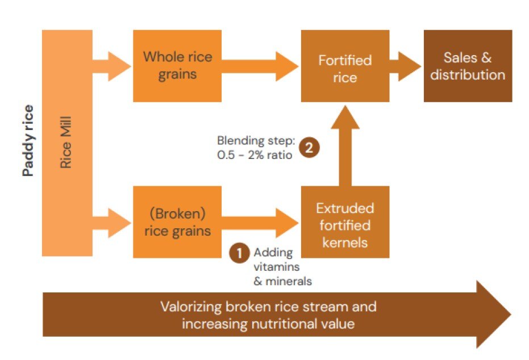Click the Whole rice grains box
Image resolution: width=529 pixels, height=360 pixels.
click(x=177, y=66)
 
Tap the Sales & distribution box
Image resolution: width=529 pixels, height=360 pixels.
click(x=468, y=66)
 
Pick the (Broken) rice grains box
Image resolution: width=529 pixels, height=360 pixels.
click(x=177, y=222)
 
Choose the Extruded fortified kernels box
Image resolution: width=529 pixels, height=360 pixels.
click(x=345, y=225)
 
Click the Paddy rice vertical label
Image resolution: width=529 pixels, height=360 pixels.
click(x=28, y=140)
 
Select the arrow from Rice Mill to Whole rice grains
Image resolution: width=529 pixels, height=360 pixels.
click(x=112, y=66)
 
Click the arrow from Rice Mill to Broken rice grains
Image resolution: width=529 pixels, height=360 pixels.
click(x=112, y=222)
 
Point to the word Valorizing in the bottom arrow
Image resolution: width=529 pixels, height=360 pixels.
click(x=189, y=307)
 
